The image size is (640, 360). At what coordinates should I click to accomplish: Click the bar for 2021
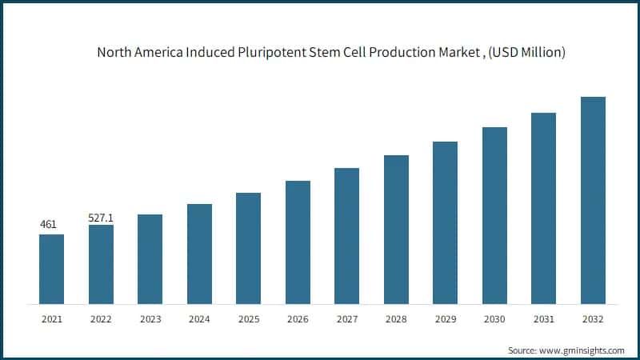[x=52, y=269]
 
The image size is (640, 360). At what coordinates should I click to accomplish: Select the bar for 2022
[x=101, y=264]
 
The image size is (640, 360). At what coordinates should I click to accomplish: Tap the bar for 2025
[x=248, y=248]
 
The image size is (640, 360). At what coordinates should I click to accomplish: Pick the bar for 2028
[x=396, y=230]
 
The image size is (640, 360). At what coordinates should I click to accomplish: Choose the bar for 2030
[x=494, y=215]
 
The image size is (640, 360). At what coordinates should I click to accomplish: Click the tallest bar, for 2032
[x=593, y=200]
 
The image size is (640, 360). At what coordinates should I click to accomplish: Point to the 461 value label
[x=49, y=224]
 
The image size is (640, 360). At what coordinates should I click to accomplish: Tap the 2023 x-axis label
[x=150, y=318]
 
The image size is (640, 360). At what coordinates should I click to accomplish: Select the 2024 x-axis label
[x=199, y=318]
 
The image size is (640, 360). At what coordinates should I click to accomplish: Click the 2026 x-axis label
[x=298, y=318]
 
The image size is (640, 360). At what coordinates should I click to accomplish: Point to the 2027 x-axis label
[x=346, y=318]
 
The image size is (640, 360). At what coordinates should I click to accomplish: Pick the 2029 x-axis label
[x=445, y=318]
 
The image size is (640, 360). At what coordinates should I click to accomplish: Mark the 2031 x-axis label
[x=543, y=318]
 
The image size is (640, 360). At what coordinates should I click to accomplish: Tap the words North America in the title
[x=132, y=54]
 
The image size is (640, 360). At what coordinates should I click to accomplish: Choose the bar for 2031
[x=543, y=208]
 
